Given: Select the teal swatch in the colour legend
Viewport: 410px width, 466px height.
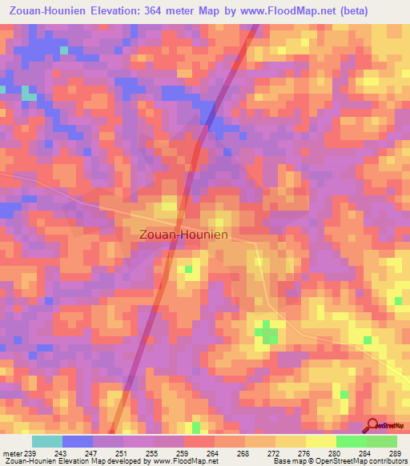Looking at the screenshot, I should point(47,442).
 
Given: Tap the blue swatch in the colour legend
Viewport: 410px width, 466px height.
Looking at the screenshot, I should point(78,442).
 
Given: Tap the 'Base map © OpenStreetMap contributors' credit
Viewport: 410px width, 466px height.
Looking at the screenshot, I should point(337,461).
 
